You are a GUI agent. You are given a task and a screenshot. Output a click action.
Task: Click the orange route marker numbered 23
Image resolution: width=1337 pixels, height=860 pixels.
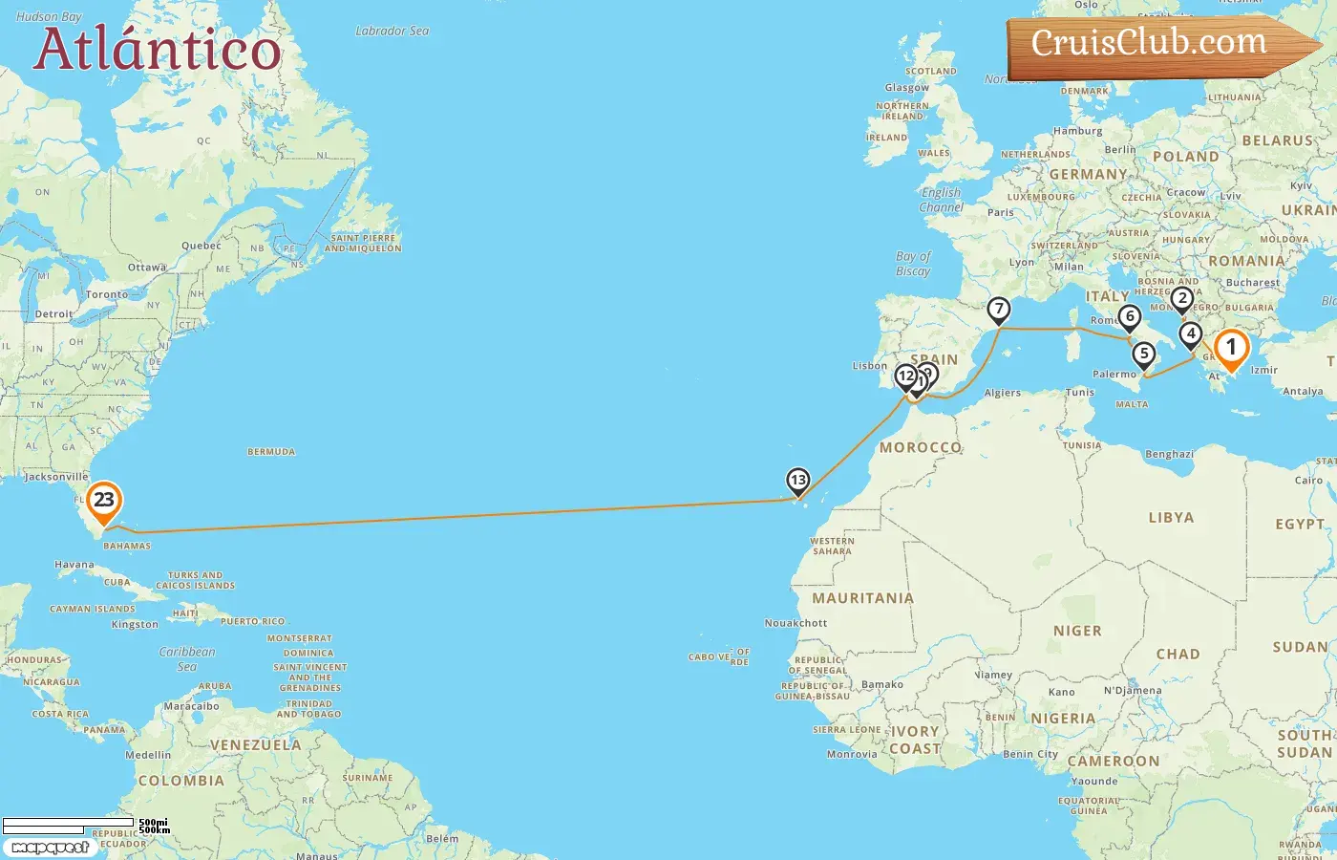coord(103,500)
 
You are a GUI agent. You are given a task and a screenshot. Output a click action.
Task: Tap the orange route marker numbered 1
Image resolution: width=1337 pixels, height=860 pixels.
coord(1231,348)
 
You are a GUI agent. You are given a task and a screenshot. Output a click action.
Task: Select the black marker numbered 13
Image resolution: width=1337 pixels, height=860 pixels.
coord(797,480)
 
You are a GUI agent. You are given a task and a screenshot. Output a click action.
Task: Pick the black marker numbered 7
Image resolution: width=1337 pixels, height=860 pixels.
coord(998,309)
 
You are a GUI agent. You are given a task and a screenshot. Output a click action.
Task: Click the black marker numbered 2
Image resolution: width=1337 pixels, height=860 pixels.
coord(1182,298)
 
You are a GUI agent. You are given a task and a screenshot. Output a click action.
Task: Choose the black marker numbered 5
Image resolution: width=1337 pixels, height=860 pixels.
coord(1143,354)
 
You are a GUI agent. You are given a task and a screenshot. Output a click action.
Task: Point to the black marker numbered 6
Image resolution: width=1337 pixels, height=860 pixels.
coord(1130,316)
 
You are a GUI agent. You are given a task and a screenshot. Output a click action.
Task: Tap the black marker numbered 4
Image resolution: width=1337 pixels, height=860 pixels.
coord(1190,333)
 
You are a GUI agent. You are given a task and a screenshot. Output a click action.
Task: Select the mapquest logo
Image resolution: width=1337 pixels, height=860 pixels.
coord(50,848)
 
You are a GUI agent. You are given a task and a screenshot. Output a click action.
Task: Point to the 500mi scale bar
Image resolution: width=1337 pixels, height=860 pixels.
coord(69,822)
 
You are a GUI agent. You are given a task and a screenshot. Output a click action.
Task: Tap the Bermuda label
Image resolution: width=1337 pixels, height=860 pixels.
coord(271,452)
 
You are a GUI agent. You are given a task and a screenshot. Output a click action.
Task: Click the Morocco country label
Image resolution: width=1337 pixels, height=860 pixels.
coord(920,447)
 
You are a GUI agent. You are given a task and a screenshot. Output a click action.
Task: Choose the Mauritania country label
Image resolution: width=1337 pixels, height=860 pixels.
coord(862,598)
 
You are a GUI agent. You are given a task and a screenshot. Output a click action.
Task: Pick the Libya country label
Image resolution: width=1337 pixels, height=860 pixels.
coord(1171,518)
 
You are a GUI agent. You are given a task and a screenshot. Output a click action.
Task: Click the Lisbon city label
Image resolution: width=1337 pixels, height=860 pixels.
coord(870,366)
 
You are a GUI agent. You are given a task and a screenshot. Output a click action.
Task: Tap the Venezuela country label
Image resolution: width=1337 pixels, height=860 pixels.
coord(255,745)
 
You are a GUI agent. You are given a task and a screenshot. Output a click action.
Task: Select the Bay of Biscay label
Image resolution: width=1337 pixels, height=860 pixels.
coord(913,264)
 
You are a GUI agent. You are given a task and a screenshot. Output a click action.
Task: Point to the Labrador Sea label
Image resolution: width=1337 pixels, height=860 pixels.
coord(393,32)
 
